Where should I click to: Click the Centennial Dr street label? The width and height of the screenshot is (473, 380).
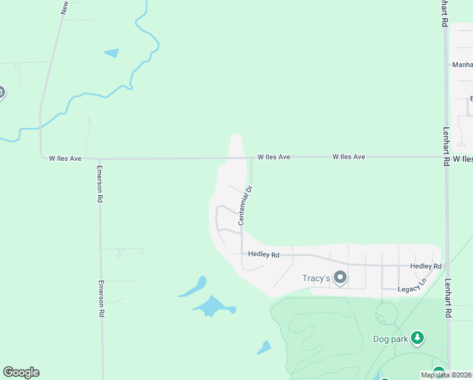click(245, 205)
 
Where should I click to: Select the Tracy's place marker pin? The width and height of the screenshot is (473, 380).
click(340, 278)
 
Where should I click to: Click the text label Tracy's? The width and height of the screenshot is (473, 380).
click(315, 279)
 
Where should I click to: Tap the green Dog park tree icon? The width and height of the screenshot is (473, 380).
click(417, 338)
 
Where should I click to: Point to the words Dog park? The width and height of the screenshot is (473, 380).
click(390, 338)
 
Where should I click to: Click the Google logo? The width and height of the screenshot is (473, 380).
click(21, 372)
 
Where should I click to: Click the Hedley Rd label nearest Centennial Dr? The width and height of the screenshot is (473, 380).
click(264, 255)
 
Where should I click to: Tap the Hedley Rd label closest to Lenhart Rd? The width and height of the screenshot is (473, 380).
click(425, 267)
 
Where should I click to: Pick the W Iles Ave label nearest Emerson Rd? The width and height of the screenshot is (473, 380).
click(65, 158)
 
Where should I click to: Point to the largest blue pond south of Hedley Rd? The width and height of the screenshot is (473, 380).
click(211, 307)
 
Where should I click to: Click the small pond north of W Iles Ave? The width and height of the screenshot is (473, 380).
click(112, 53)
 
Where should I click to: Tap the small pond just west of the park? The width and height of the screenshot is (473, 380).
click(264, 347)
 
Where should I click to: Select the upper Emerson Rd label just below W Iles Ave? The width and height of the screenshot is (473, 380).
click(100, 184)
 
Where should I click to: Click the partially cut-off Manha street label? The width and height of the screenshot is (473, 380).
click(462, 65)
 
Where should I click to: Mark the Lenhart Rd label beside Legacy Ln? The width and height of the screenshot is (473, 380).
click(448, 298)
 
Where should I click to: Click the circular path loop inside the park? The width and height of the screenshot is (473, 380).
click(386, 313)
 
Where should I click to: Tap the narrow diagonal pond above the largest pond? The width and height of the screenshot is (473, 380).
click(193, 288)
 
